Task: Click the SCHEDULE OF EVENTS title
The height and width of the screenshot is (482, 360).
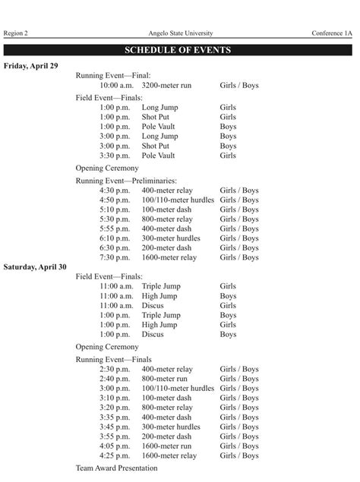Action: [180, 51]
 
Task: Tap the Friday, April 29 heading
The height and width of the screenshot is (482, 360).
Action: [31, 66]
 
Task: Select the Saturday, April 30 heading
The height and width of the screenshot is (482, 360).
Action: [35, 267]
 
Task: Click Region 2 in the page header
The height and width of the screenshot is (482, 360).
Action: [16, 33]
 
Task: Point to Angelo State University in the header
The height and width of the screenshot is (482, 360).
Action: [181, 33]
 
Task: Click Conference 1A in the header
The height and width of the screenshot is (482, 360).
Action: [332, 33]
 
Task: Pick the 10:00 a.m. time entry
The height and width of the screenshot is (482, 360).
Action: [116, 86]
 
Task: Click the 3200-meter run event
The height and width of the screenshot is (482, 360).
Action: [166, 86]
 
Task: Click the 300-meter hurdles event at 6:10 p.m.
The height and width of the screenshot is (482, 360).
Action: [171, 238]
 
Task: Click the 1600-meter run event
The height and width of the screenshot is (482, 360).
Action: [166, 446]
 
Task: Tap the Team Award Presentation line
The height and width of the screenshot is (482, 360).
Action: [117, 468]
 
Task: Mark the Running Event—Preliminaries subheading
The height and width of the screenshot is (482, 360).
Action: [126, 181]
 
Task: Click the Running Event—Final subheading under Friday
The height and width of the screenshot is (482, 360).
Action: [113, 76]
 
